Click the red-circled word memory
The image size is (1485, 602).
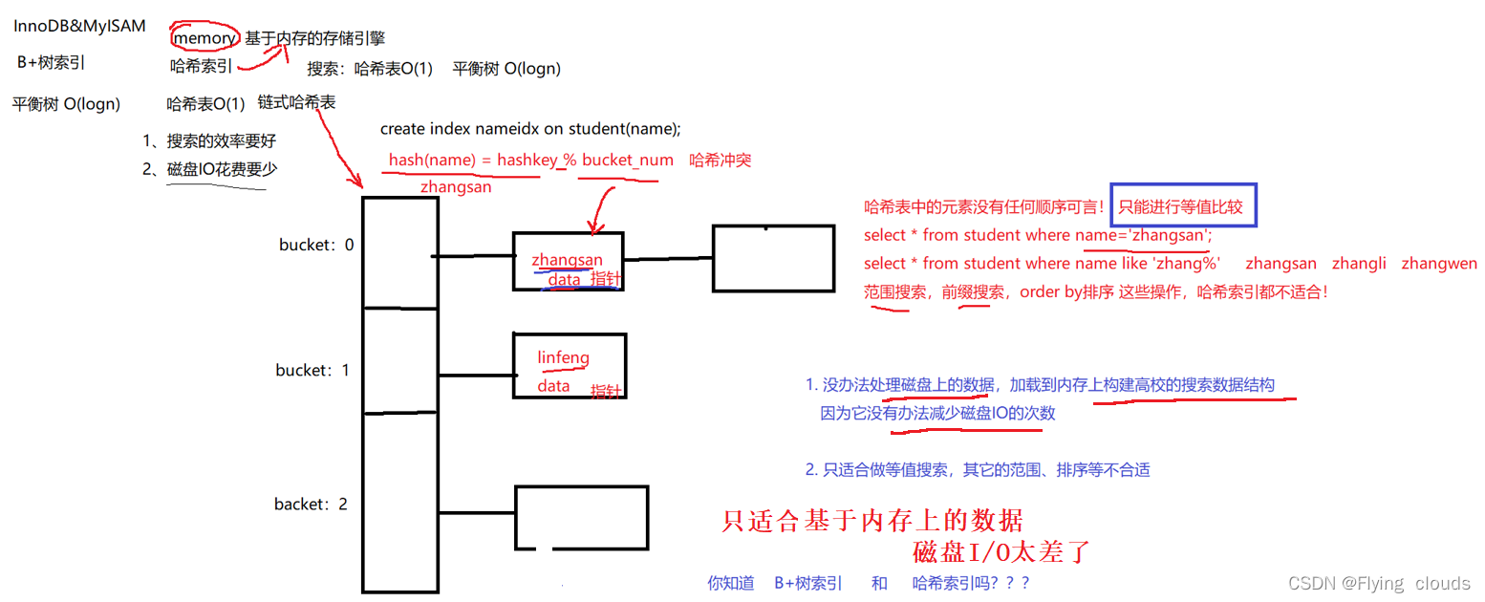click(x=204, y=38)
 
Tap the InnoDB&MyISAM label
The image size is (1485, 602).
click(x=80, y=26)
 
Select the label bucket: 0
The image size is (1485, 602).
click(x=316, y=245)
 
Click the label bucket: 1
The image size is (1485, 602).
click(x=312, y=370)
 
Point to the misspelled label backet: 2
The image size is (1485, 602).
click(x=311, y=504)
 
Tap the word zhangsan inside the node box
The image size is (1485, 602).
click(x=567, y=259)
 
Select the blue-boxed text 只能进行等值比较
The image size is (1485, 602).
click(x=1183, y=206)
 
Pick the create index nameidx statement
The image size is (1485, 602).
click(x=530, y=129)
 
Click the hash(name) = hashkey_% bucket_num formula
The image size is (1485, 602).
click(x=530, y=161)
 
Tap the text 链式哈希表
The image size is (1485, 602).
click(x=296, y=102)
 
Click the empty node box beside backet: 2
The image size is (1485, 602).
click(x=581, y=517)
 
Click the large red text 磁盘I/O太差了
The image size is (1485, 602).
click(x=1001, y=552)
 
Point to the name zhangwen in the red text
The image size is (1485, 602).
click(x=1438, y=263)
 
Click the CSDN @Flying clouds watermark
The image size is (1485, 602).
click(x=1379, y=583)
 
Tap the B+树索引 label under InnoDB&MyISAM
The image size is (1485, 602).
click(x=52, y=63)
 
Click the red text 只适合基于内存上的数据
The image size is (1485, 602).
click(x=872, y=521)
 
